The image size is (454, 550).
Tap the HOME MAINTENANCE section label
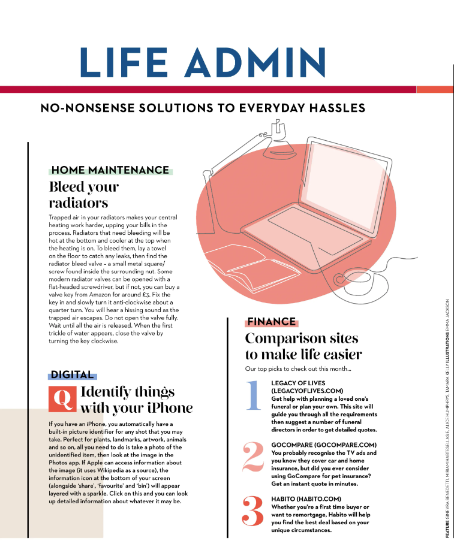tap(110, 170)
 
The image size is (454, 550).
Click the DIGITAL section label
tap(72, 374)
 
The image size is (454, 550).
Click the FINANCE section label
tap(272, 322)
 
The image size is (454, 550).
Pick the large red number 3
tap(253, 511)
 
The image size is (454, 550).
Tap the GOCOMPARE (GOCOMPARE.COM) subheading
tap(324, 445)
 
